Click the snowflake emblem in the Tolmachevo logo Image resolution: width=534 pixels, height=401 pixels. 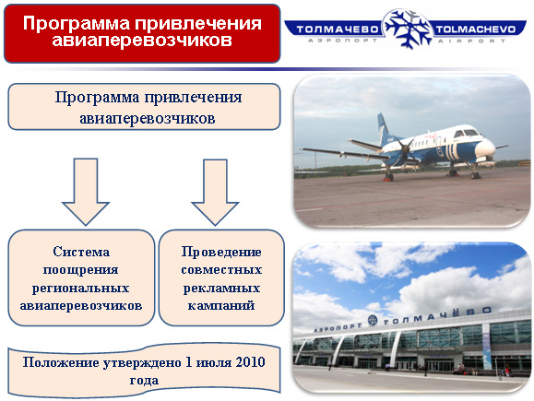[x=408, y=29]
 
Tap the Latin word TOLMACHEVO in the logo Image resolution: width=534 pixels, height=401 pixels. [x=476, y=29]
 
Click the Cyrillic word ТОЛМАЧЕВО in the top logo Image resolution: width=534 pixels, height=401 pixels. [x=338, y=29]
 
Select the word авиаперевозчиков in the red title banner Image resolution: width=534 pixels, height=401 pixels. [x=142, y=41]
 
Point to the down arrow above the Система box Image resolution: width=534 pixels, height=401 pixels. [x=86, y=192]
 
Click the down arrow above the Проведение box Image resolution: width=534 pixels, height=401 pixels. [x=215, y=192]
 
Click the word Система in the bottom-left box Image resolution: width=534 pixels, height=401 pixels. [x=81, y=252]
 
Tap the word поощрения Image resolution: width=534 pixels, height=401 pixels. [x=81, y=270]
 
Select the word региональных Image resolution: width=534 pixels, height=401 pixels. [x=81, y=289]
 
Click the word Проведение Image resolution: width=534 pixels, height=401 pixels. [x=221, y=252]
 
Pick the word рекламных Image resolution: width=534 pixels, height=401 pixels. [x=221, y=289]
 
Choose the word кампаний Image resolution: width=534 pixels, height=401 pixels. [x=221, y=305]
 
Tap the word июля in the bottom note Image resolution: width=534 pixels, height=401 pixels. [x=214, y=362]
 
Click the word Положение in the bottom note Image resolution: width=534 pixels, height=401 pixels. [x=61, y=362]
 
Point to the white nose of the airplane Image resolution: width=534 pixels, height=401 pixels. [x=486, y=148]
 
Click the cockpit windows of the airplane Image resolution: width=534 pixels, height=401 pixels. [x=466, y=133]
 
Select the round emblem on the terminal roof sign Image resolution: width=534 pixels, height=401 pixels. [x=373, y=321]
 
